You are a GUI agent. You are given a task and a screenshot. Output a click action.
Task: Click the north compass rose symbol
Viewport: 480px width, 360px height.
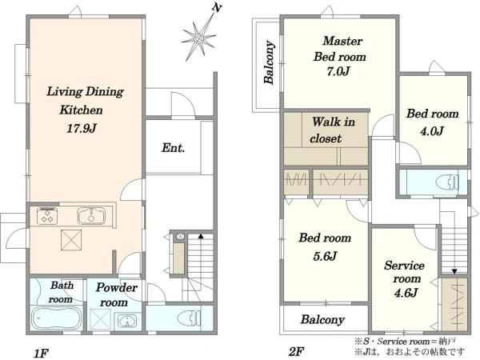tap(199, 38)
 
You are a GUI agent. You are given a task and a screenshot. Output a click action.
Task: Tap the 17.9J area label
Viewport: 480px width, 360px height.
tap(82, 128)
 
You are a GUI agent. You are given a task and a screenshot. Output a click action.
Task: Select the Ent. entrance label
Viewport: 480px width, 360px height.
tap(174, 148)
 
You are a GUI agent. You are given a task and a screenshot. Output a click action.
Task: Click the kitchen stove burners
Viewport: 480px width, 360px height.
tap(47, 215)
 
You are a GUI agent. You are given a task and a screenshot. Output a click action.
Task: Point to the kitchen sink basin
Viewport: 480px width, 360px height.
tap(91, 216)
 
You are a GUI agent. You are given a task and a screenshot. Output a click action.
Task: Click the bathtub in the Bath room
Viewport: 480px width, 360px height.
tap(57, 318)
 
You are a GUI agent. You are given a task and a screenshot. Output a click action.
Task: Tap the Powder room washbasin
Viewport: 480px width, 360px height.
tap(126, 321)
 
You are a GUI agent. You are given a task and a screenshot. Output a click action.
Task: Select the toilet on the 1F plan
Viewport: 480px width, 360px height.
tap(189, 318)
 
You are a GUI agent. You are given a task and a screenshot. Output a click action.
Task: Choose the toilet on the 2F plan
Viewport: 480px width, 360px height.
tap(447, 182)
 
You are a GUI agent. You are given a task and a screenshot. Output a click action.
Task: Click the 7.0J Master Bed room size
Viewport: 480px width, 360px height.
tap(338, 72)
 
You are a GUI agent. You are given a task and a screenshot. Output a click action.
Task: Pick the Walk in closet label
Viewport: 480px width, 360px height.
tap(333, 130)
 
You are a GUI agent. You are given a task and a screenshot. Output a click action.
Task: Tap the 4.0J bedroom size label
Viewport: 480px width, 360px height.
tap(432, 131)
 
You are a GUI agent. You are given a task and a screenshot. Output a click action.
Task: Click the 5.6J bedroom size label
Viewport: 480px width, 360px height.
tap(325, 256)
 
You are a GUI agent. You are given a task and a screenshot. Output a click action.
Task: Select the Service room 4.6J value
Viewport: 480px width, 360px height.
tap(406, 294)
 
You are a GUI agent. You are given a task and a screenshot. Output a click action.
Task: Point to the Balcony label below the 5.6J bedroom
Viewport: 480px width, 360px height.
tap(322, 319)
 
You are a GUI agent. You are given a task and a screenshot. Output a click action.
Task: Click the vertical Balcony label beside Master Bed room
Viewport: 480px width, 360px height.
tap(269, 62)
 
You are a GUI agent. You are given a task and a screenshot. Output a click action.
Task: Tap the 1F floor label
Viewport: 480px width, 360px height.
tap(41, 354)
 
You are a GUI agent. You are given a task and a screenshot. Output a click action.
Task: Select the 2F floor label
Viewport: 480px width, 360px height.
tap(296, 352)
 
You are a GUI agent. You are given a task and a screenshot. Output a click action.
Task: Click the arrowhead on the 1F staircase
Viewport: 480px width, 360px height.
tap(201, 236)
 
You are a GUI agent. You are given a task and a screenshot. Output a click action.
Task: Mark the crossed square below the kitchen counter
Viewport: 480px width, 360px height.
tap(71, 240)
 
